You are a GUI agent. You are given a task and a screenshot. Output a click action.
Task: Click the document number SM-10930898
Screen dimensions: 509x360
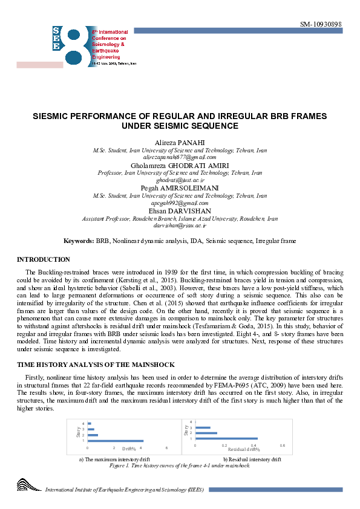pos(321,24)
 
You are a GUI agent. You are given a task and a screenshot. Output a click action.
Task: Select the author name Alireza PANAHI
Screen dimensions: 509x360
pos(180,142)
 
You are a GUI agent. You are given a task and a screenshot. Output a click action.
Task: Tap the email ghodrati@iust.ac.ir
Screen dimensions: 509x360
pos(180,180)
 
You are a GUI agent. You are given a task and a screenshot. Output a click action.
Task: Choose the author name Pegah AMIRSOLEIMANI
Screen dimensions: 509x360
pos(180,188)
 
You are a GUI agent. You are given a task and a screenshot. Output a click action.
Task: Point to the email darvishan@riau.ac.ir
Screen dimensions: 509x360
pos(180,225)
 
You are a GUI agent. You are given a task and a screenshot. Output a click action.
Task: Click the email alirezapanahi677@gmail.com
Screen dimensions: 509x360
pos(180,157)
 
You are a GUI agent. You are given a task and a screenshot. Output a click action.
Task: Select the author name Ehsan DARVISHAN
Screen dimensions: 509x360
pos(180,211)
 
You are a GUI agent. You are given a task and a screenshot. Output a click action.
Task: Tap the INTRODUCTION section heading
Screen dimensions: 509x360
pos(44,259)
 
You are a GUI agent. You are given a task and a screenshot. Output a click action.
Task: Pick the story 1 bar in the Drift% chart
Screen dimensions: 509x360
pos(116,441)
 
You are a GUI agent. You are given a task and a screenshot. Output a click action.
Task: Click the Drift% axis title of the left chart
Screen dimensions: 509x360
pos(129,448)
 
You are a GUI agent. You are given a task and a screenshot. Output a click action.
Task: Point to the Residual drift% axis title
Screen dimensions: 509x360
pos(244,449)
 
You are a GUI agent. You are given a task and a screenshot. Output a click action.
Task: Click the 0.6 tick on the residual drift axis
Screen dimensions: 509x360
pos(282,445)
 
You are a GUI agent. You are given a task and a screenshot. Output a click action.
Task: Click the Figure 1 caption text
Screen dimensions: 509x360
pos(180,465)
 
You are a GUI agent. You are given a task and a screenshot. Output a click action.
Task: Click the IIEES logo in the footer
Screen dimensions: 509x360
pos(29,485)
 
